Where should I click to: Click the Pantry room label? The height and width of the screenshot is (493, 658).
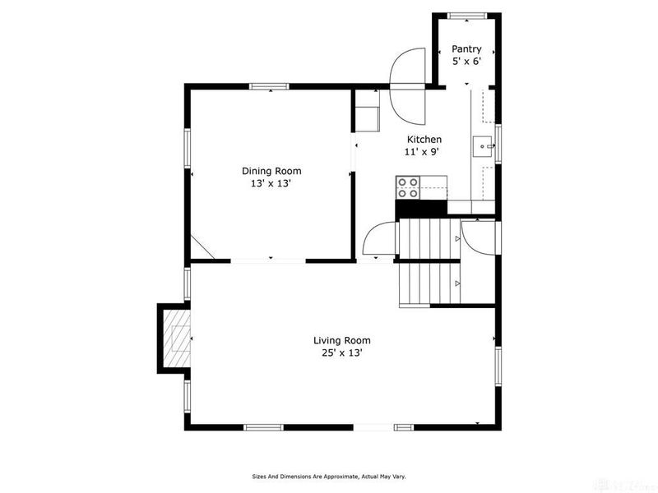[466, 49]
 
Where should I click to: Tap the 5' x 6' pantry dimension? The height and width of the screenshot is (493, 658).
[466, 61]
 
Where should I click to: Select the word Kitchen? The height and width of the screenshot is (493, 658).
[424, 140]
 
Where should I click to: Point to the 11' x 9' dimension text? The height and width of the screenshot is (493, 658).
[421, 152]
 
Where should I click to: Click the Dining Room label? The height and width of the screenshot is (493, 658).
[271, 171]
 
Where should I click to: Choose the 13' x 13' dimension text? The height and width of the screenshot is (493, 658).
[271, 183]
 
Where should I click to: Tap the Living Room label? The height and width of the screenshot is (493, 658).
[341, 340]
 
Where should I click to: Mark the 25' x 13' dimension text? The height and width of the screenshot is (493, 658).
[341, 352]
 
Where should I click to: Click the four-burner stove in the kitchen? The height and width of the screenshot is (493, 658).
[408, 188]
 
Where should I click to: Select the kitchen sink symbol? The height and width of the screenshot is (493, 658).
[483, 146]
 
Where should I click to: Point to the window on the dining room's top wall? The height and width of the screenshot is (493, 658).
[269, 85]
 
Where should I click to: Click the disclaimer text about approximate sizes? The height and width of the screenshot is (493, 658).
[328, 476]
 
